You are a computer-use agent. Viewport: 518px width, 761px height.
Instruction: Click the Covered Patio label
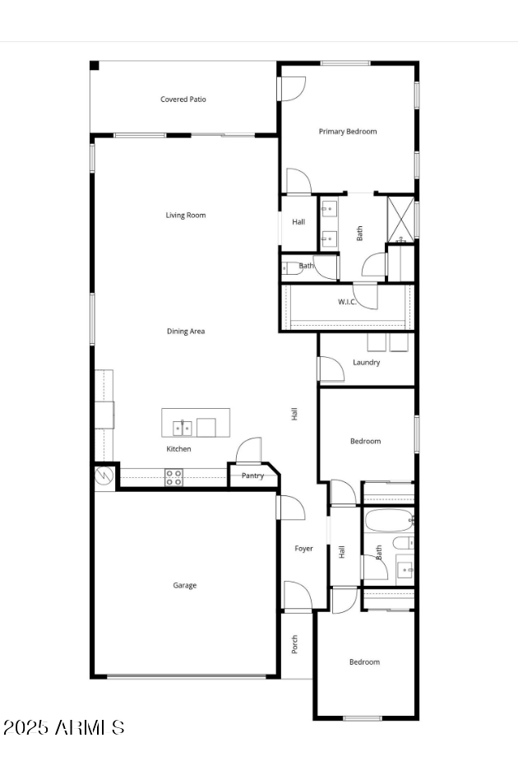[x=183, y=100]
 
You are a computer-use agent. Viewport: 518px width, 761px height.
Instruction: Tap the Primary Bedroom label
[x=348, y=132]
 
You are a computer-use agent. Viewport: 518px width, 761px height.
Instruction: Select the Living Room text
[x=186, y=216]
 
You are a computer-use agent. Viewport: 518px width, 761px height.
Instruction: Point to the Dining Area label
[x=186, y=332]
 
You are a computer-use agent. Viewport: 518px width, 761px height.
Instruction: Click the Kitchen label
[x=178, y=449]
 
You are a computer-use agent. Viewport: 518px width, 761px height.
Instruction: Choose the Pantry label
[x=252, y=476]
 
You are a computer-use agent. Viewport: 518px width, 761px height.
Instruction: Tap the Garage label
[x=184, y=586]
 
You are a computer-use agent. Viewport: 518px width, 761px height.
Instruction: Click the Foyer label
[x=304, y=549]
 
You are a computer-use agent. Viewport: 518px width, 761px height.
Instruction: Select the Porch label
[x=295, y=645]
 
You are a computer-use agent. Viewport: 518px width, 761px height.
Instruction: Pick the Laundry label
[x=366, y=362]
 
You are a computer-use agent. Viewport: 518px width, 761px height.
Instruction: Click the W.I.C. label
[x=347, y=302]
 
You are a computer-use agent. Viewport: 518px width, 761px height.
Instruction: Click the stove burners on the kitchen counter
[x=173, y=477]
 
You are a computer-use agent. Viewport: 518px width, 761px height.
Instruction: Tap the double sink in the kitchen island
[x=183, y=427]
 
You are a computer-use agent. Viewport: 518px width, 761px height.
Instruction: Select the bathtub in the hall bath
[x=387, y=520]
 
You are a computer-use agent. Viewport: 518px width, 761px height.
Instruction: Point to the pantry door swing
[x=249, y=451]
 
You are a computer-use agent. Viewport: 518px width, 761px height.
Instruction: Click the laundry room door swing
[x=331, y=369]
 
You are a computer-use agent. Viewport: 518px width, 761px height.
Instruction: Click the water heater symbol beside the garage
[x=104, y=476]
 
